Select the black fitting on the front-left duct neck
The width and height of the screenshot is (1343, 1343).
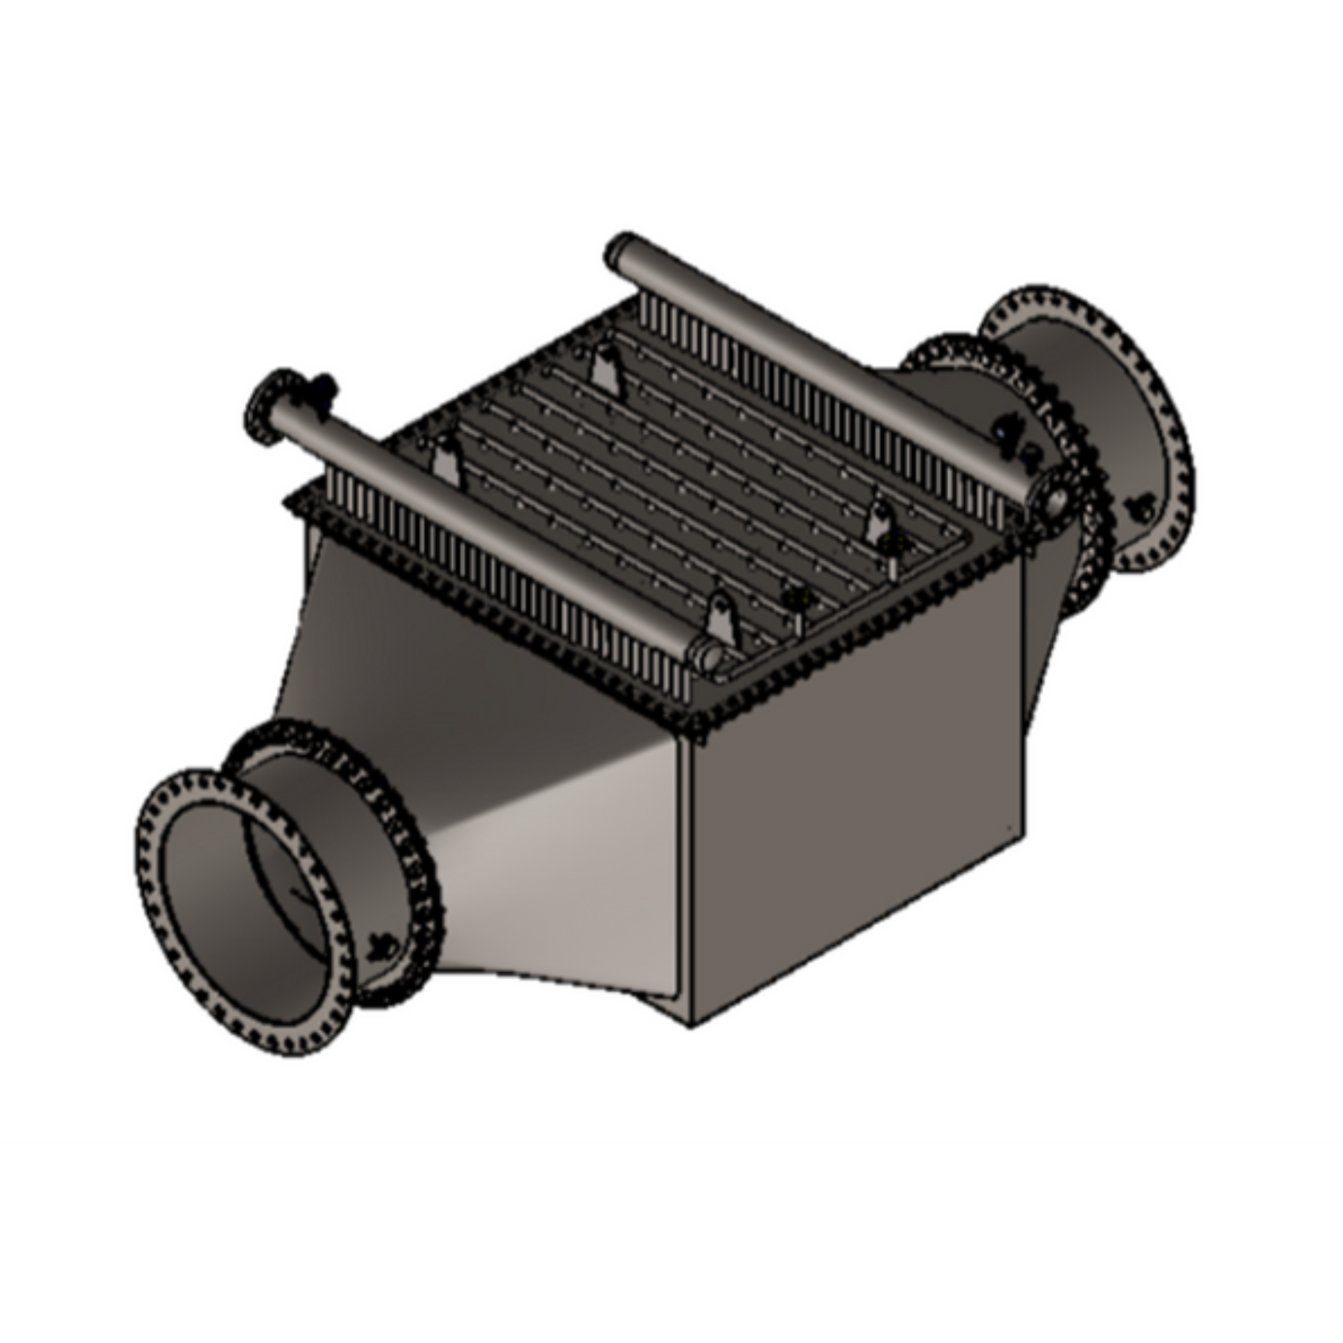click(x=382, y=946)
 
